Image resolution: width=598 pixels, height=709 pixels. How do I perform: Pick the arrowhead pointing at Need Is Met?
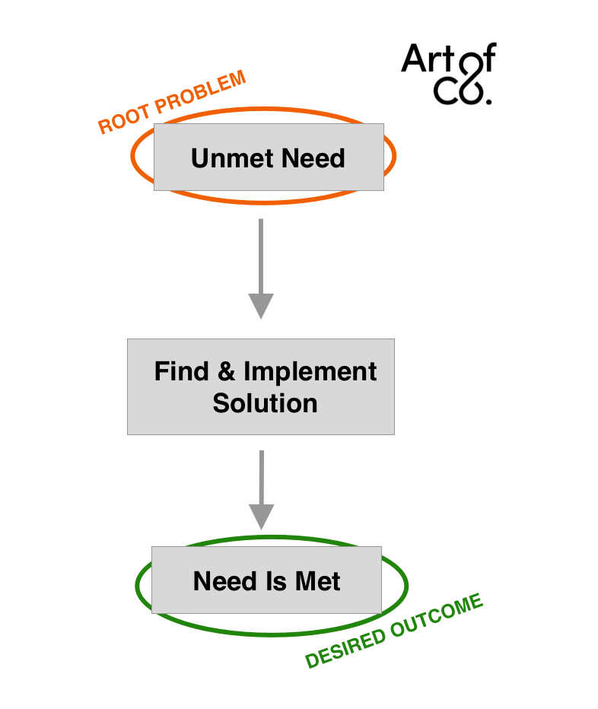261,517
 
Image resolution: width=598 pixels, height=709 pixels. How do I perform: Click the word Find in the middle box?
181,371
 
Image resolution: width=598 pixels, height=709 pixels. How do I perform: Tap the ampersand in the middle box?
226,371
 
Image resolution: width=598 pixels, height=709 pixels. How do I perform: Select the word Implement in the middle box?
310,373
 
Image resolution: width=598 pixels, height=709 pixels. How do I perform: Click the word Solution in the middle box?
265,403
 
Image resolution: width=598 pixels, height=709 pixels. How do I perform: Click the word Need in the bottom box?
224,581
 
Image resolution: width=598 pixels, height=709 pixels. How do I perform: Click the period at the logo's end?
488,99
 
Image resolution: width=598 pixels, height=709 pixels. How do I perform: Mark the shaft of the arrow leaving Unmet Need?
261,255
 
